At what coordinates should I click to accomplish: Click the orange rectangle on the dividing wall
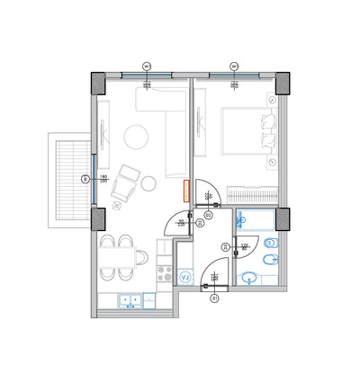pos(186,191)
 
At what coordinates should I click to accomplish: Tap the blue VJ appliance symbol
pos(185,278)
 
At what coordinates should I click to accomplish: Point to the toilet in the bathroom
pos(272,244)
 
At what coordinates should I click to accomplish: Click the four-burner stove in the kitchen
pos(166,267)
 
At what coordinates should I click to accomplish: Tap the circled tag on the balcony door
pos(85,180)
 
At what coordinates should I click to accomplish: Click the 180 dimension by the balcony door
pos(103,177)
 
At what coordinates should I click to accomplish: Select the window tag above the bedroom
pos(233,65)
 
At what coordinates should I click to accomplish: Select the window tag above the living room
pos(146,65)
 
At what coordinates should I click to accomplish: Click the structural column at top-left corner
pos(97,82)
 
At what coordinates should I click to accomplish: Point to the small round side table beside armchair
pos(148,183)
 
